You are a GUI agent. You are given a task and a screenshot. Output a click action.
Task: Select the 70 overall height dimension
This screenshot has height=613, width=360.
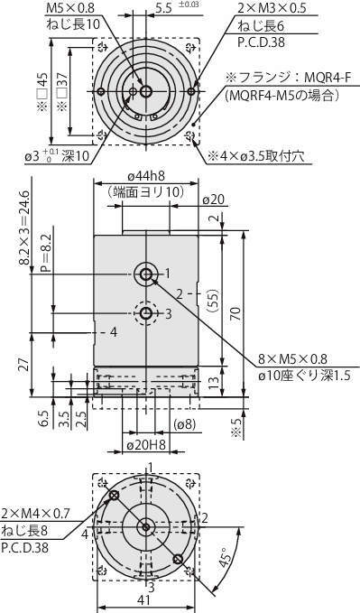pyautogui.click(x=235, y=313)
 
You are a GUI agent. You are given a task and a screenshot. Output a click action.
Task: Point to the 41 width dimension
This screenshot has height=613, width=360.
pyautogui.click(x=144, y=600)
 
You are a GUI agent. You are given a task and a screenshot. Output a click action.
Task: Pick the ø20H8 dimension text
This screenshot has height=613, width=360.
pyautogui.click(x=145, y=445)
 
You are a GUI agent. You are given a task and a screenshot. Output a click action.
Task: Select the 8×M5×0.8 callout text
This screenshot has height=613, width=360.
pyautogui.click(x=292, y=358)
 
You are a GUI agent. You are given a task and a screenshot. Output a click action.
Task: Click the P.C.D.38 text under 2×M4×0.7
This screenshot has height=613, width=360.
pyautogui.click(x=25, y=548)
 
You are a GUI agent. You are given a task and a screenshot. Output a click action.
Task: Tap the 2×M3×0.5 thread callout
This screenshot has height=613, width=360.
pyautogui.click(x=272, y=8)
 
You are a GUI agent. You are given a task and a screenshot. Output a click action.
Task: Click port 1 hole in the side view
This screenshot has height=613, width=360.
pyautogui.click(x=146, y=274)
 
